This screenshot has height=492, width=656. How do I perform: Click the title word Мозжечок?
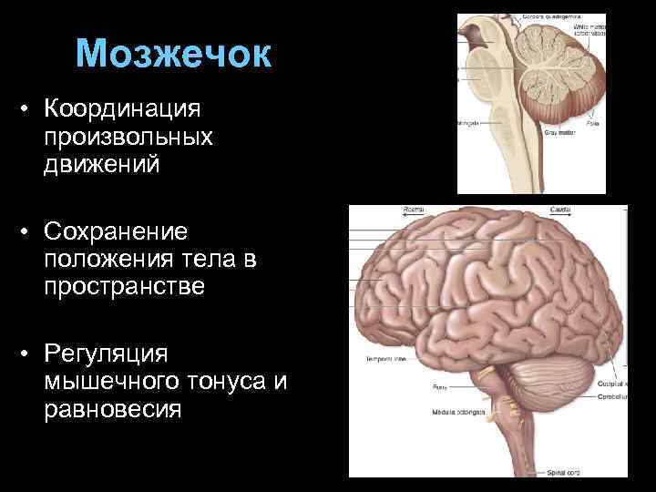(174, 54)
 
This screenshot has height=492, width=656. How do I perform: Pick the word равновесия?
(111, 409)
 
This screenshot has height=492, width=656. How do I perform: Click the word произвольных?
(127, 138)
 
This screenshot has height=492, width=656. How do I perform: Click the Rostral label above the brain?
(414, 210)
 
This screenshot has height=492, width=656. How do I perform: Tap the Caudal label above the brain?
(559, 210)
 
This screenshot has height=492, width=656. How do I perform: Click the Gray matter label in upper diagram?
(558, 132)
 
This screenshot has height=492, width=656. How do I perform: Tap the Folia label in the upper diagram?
(567, 122)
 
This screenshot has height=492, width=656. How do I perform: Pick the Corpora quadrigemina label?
(552, 16)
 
